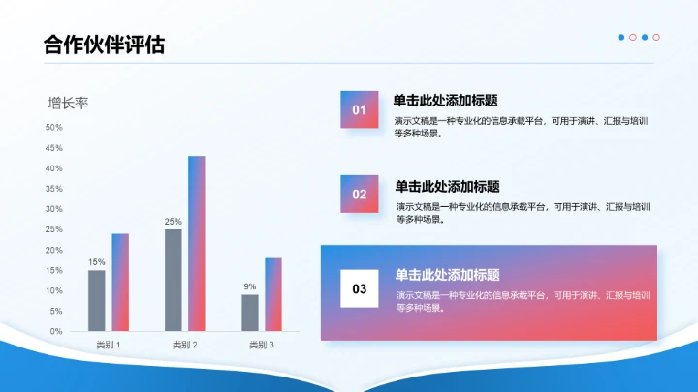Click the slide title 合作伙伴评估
pyautogui.click(x=104, y=45)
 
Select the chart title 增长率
pyautogui.click(x=68, y=103)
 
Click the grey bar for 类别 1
pyautogui.click(x=97, y=300)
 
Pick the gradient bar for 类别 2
pyautogui.click(x=197, y=243)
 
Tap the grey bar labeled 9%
pyautogui.click(x=250, y=313)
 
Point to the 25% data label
pyautogui.click(x=174, y=222)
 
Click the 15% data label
pyautogui.click(x=97, y=262)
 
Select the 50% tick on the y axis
pyautogui.click(x=53, y=128)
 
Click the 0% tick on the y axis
pyautogui.click(x=56, y=331)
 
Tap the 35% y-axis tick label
pyautogui.click(x=53, y=189)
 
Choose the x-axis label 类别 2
pyautogui.click(x=185, y=345)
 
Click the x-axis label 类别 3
pyautogui.click(x=262, y=345)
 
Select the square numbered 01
pyautogui.click(x=359, y=109)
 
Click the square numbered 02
pyautogui.click(x=360, y=194)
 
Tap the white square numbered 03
pyautogui.click(x=360, y=288)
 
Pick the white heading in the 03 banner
pyautogui.click(x=448, y=275)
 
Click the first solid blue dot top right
pyautogui.click(x=621, y=37)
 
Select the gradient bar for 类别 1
pyautogui.click(x=120, y=282)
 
